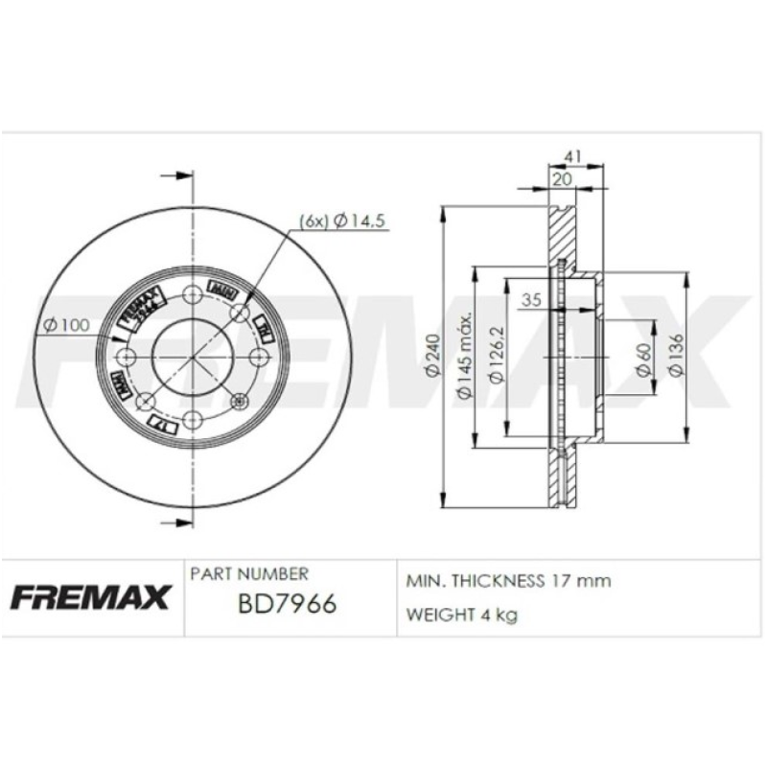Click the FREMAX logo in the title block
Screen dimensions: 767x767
click(x=91, y=596)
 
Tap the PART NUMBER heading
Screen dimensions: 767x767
click(x=249, y=574)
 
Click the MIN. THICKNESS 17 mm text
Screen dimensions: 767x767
click(x=509, y=581)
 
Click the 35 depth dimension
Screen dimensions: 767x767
click(x=532, y=301)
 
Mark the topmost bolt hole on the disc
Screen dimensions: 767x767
click(x=192, y=292)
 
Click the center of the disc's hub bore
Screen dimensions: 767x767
click(x=192, y=357)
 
